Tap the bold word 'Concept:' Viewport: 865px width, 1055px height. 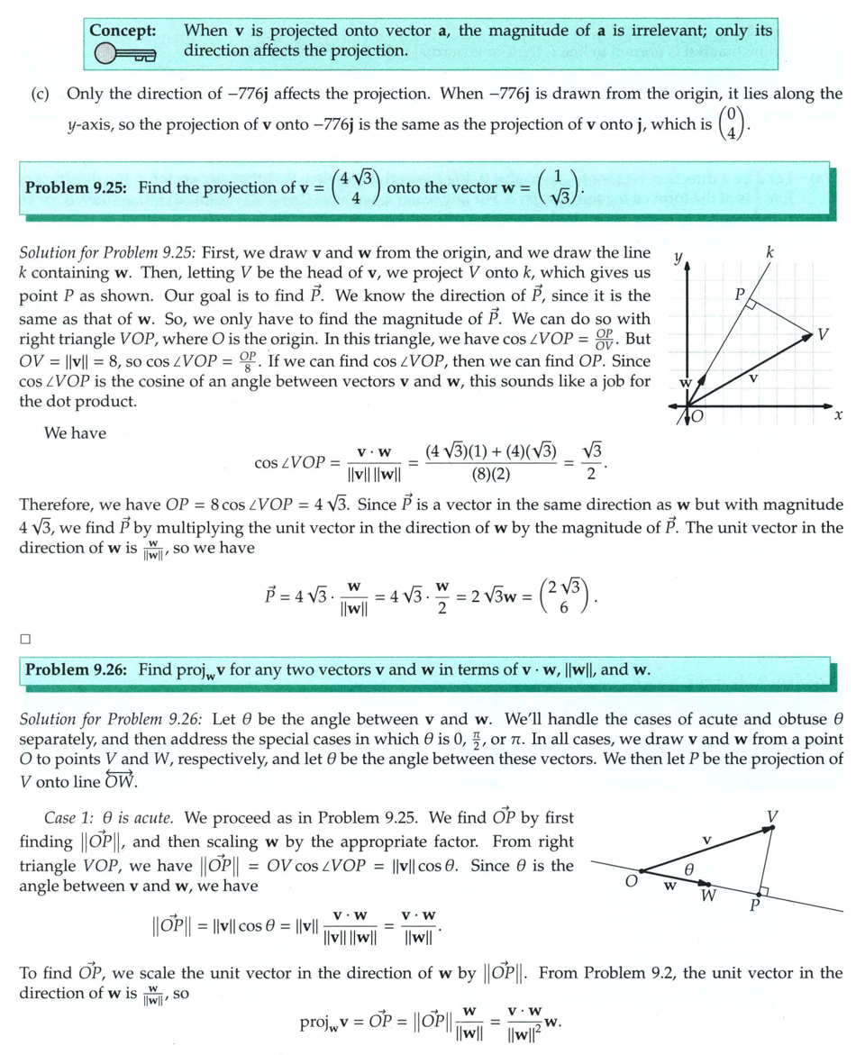pos(123,30)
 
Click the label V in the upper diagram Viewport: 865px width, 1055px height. pos(823,335)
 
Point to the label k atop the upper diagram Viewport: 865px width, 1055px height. pos(770,254)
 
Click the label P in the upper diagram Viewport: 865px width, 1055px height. pos(740,294)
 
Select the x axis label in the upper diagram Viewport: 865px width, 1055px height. pos(838,415)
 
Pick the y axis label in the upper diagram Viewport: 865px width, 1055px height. pos(678,257)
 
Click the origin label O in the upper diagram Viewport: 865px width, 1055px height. pos(697,418)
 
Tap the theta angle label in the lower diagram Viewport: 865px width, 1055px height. pos(689,869)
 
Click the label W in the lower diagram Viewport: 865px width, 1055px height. pos(708,896)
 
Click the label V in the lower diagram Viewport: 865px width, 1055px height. pos(772,817)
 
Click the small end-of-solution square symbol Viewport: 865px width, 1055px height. pos(25,639)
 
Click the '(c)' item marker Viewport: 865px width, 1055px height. pos(41,94)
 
